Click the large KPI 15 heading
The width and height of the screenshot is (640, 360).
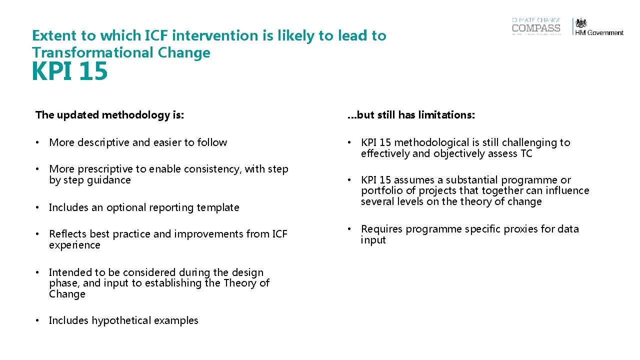pos(69,71)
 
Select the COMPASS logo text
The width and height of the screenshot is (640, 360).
pos(536,28)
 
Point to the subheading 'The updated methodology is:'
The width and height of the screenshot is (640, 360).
pos(110,115)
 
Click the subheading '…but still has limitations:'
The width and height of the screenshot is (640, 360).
pos(411,115)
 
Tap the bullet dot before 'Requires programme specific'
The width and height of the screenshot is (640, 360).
pos(349,229)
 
